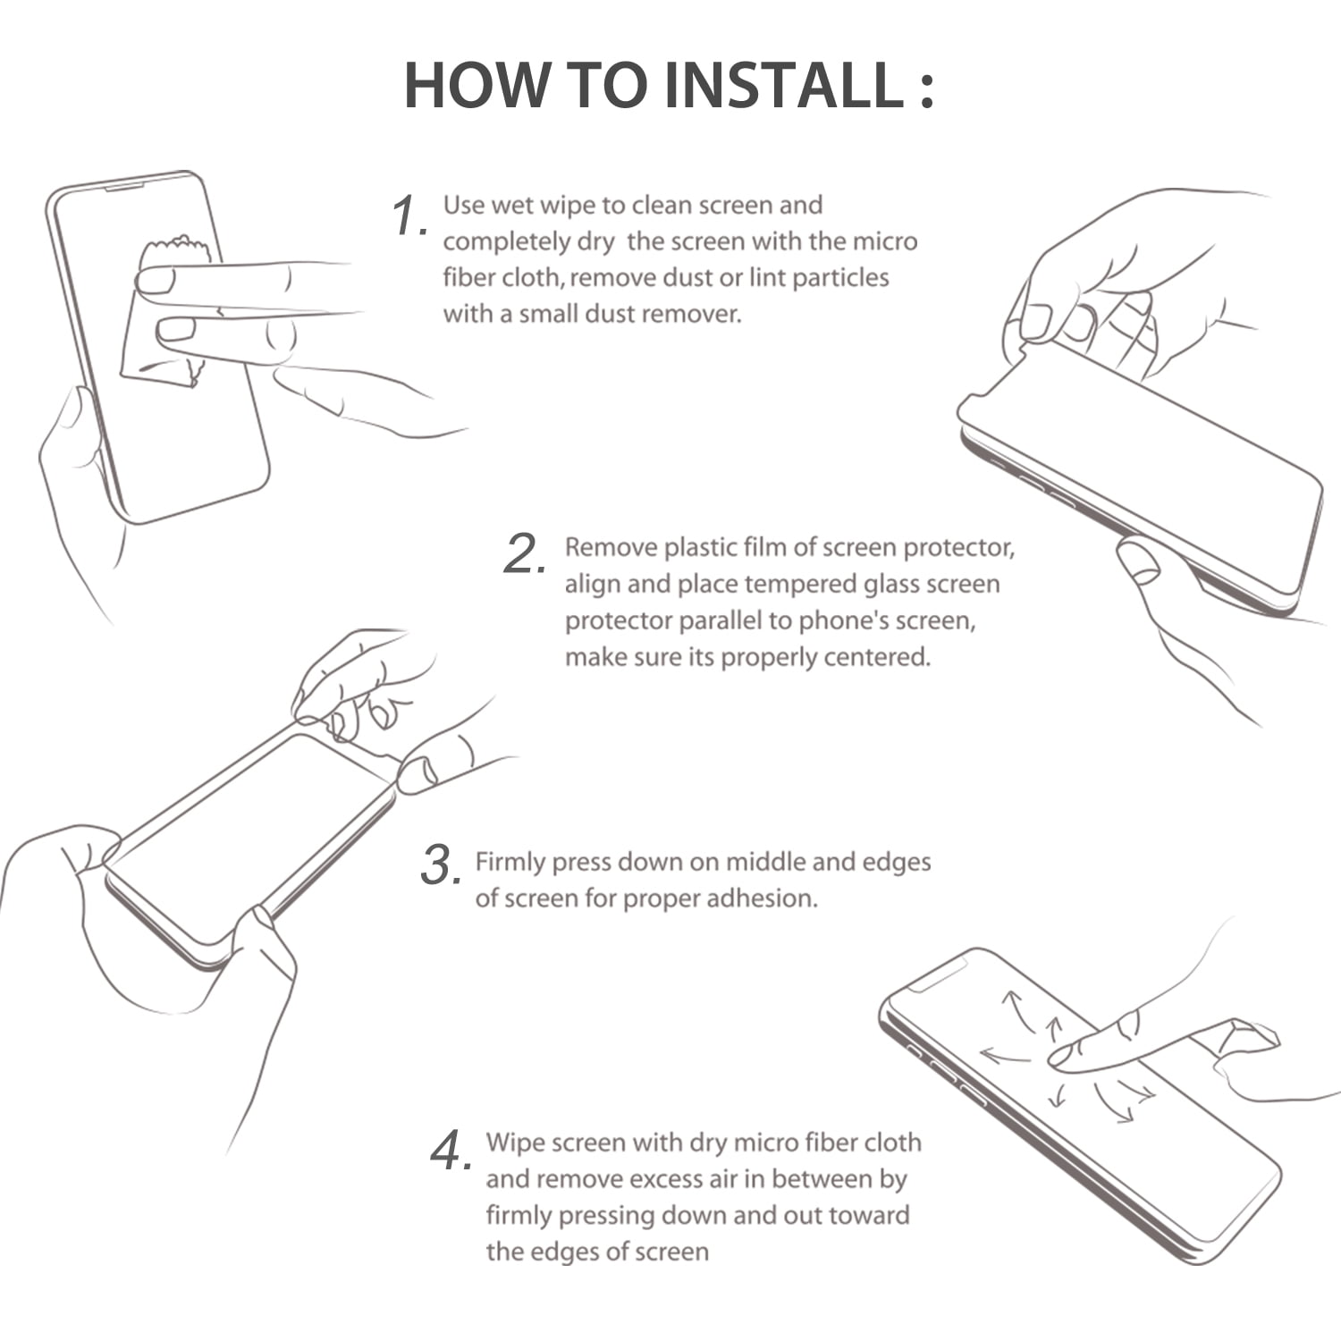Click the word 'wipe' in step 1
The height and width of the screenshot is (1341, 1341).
click(569, 207)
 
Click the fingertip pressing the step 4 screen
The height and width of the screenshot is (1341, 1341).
click(1064, 1057)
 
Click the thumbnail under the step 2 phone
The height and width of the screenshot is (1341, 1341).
click(1139, 563)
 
